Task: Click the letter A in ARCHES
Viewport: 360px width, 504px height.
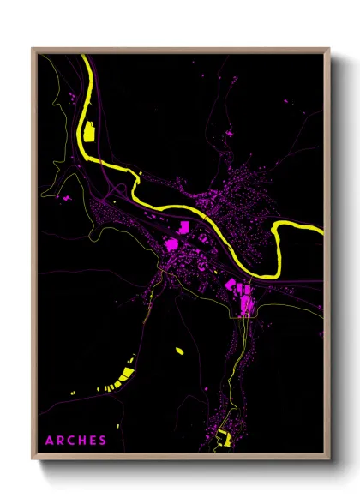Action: coord(49,441)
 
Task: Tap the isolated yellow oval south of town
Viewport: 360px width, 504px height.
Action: coord(180,350)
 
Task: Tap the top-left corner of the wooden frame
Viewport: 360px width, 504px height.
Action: coord(33,48)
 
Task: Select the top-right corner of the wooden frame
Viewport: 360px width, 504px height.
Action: coord(328,48)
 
